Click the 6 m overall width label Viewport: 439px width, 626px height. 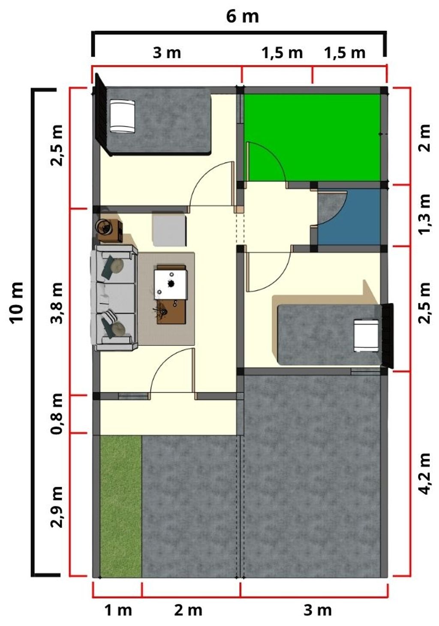tap(242, 17)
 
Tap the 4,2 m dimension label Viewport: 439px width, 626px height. tap(424, 473)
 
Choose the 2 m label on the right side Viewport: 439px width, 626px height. tap(424, 138)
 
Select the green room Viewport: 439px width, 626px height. tap(313, 138)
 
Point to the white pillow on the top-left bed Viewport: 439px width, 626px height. tap(122, 116)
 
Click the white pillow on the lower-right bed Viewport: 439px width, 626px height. tap(366, 335)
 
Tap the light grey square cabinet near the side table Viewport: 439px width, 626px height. tap(169, 229)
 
